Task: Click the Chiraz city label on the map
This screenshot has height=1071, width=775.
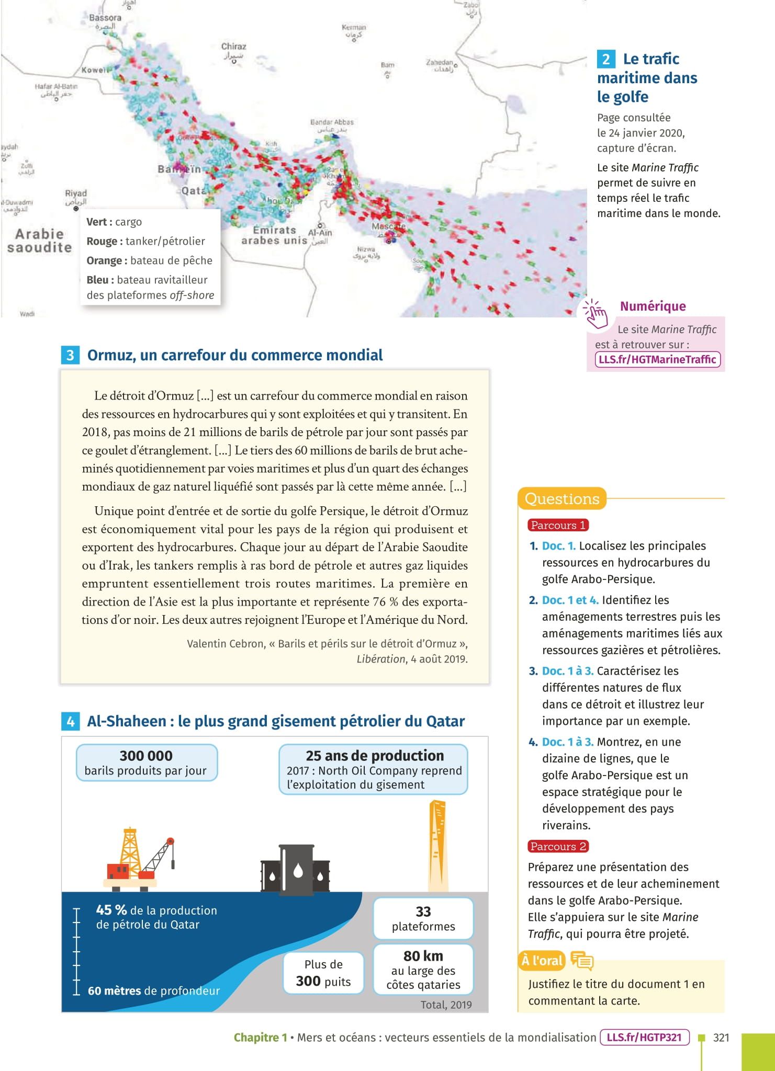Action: tap(233, 47)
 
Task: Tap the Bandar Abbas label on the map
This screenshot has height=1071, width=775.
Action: tap(332, 122)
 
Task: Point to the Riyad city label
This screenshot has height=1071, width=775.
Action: tap(76, 193)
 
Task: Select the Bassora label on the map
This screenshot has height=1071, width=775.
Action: tap(105, 18)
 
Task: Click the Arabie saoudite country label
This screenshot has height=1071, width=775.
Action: tap(39, 241)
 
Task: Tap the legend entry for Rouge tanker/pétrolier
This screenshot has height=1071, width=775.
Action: tap(145, 241)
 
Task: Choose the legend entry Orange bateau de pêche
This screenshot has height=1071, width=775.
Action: tap(149, 260)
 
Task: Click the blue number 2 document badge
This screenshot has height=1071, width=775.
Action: tap(605, 59)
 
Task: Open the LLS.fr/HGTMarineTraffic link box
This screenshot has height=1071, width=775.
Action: tap(657, 359)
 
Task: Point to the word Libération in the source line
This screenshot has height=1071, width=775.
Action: tap(381, 659)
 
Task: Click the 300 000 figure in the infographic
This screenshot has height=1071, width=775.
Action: tap(146, 756)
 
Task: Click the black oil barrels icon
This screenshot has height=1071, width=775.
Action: tap(295, 868)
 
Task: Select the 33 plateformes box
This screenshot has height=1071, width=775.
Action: tap(423, 918)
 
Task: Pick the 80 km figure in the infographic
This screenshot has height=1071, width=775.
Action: tap(423, 956)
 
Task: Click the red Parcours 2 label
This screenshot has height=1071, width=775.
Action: tap(558, 846)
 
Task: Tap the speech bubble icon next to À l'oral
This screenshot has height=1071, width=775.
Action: tap(582, 961)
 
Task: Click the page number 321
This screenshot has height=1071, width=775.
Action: tap(721, 1038)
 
